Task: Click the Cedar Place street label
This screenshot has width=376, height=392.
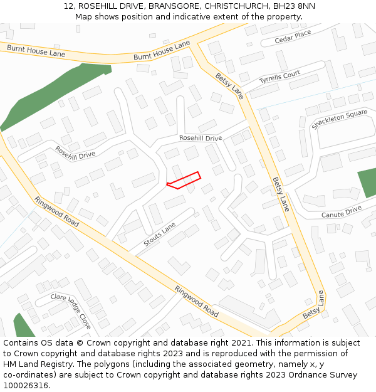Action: (293, 38)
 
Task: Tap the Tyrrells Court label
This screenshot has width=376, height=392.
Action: (280, 77)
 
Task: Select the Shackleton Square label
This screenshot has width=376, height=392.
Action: (339, 119)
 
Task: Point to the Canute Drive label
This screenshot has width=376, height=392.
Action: (342, 211)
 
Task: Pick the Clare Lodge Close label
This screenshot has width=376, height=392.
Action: (71, 310)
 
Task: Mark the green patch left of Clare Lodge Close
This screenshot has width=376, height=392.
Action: (23, 326)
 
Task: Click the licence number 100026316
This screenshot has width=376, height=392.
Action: (25, 386)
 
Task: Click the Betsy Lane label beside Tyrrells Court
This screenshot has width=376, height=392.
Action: (229, 85)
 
